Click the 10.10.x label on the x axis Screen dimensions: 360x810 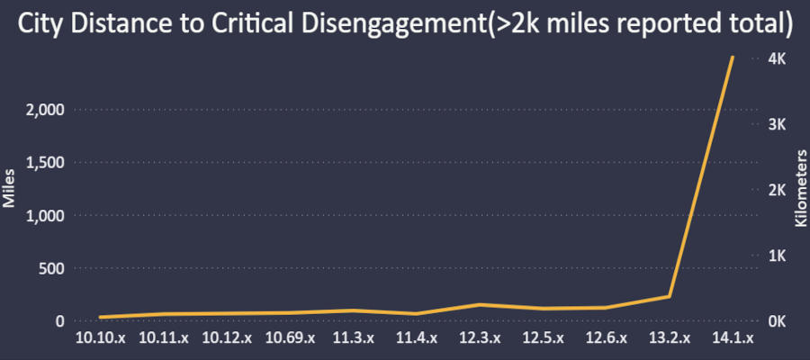tap(100, 338)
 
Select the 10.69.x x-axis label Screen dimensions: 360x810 tap(290, 338)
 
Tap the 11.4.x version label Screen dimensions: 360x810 tap(416, 338)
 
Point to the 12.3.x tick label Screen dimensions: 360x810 tap(479, 338)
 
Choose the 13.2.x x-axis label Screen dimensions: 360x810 tap(669, 338)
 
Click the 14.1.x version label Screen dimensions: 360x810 tap(732, 338)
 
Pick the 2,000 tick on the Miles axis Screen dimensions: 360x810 tap(41, 110)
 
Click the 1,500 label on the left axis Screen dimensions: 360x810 tap(41, 163)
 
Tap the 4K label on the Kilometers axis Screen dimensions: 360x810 tap(777, 58)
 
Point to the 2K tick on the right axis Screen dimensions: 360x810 tap(777, 190)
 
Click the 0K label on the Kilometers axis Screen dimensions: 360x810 tap(777, 321)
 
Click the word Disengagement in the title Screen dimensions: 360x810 tap(383, 25)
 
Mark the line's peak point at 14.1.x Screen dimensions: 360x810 tap(733, 57)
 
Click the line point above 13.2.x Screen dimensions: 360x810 tap(669, 296)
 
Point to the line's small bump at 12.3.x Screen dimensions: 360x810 tap(480, 304)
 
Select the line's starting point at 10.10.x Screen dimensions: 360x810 tap(100, 317)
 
